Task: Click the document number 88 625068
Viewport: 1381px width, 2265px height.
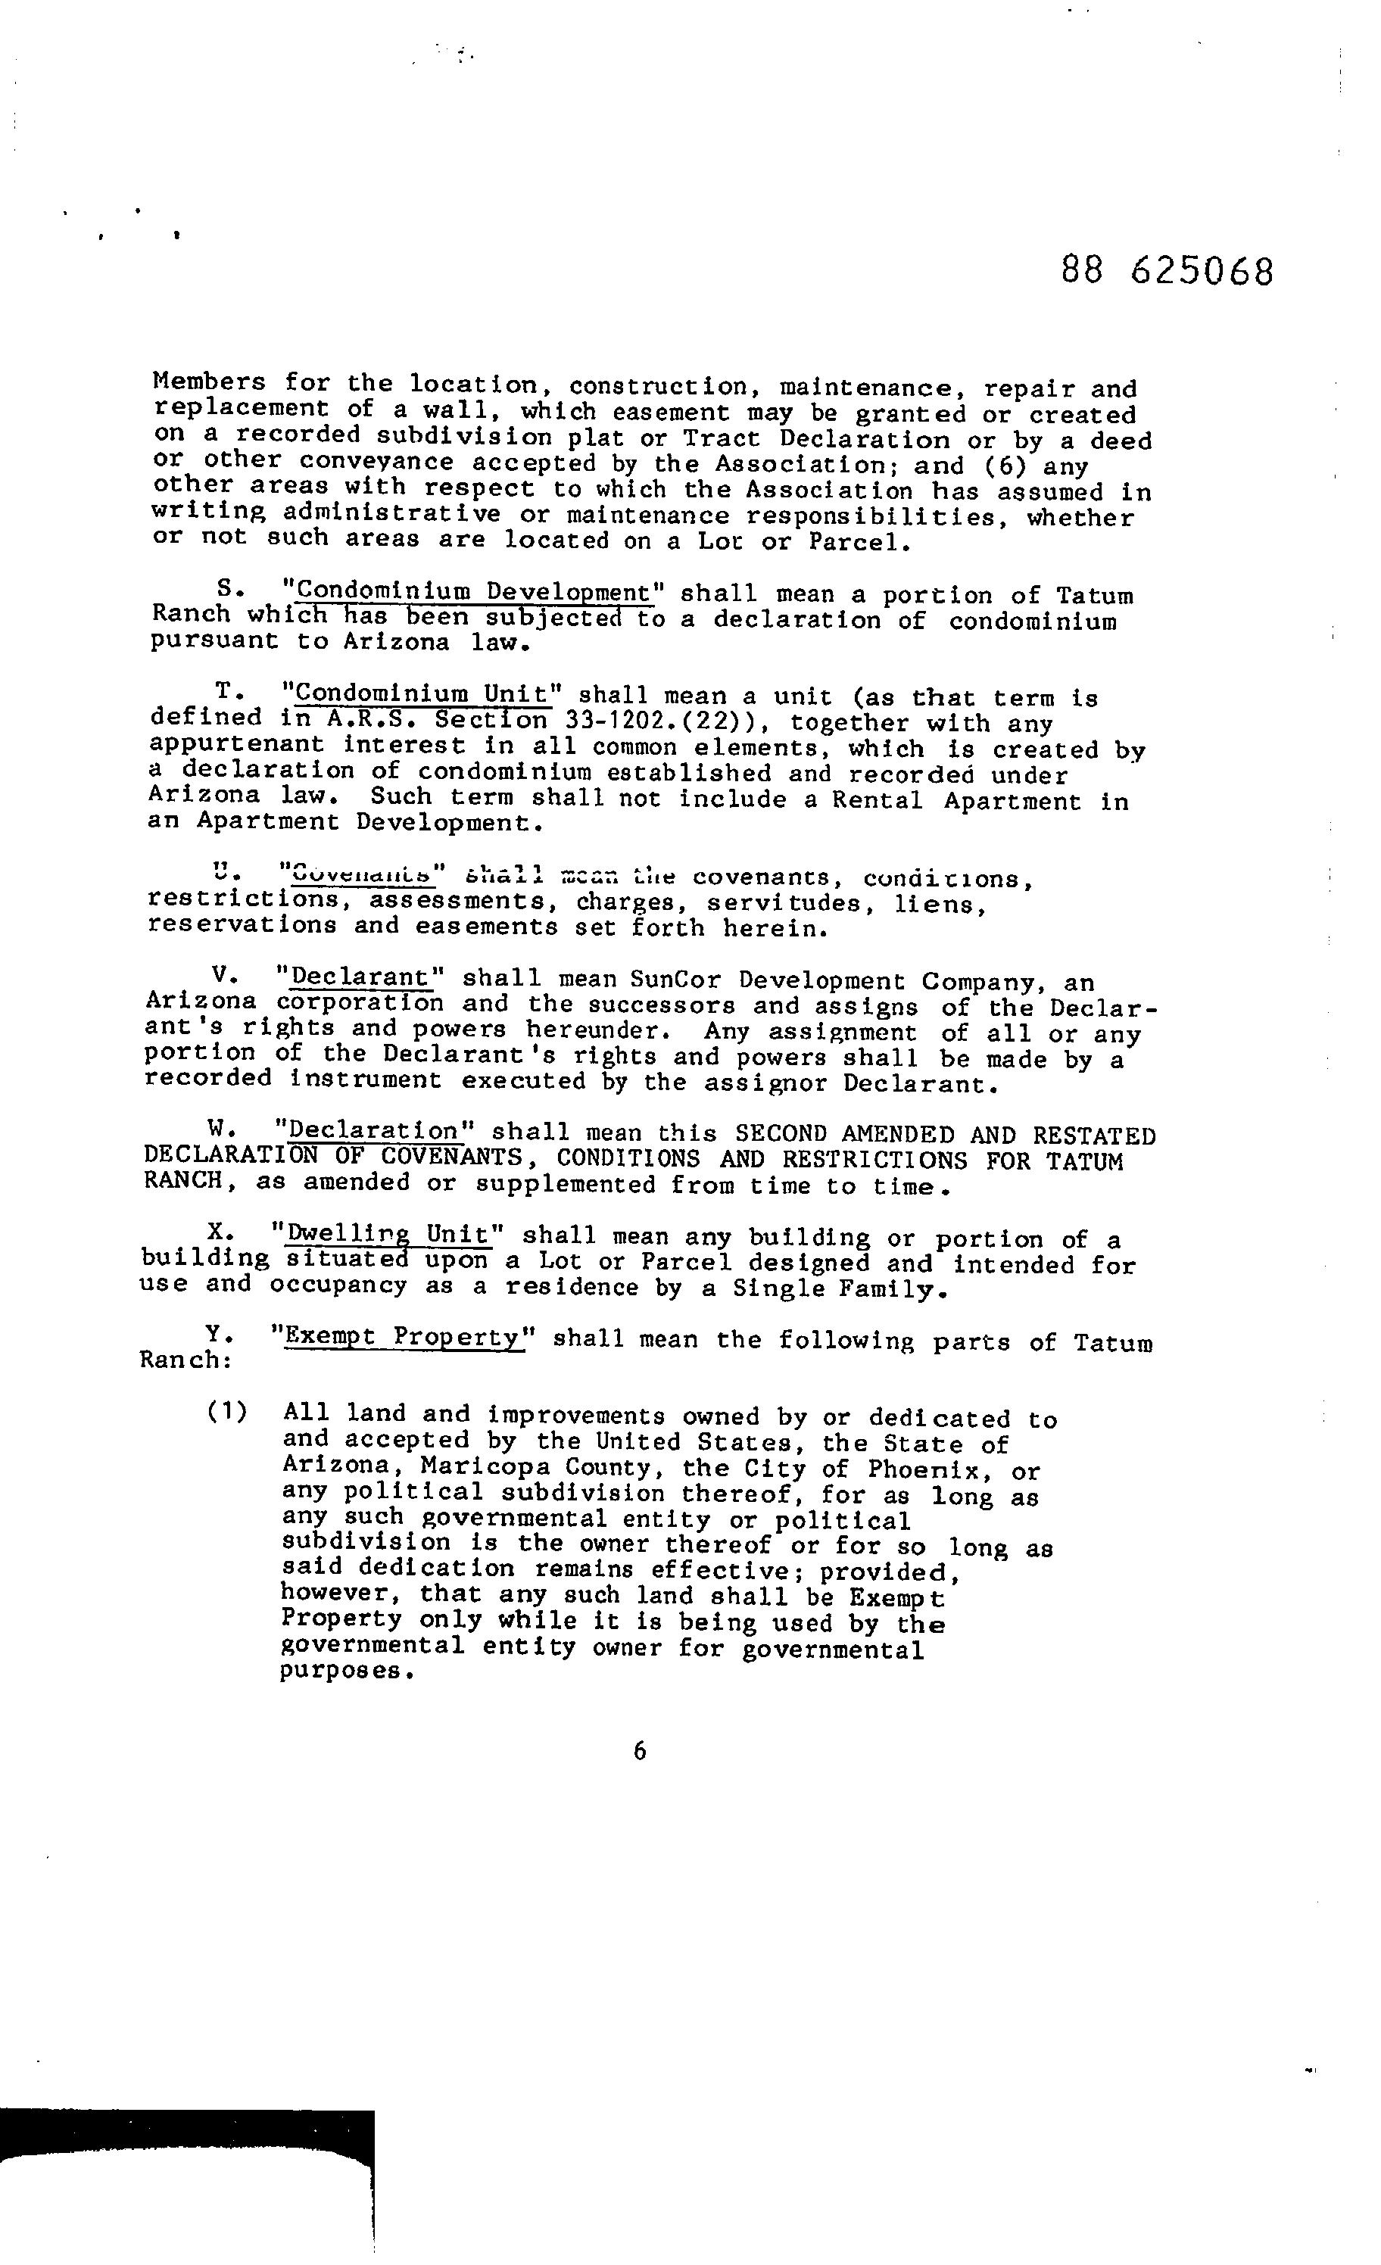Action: coord(1167,271)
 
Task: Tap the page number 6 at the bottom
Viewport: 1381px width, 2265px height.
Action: coord(639,1751)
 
